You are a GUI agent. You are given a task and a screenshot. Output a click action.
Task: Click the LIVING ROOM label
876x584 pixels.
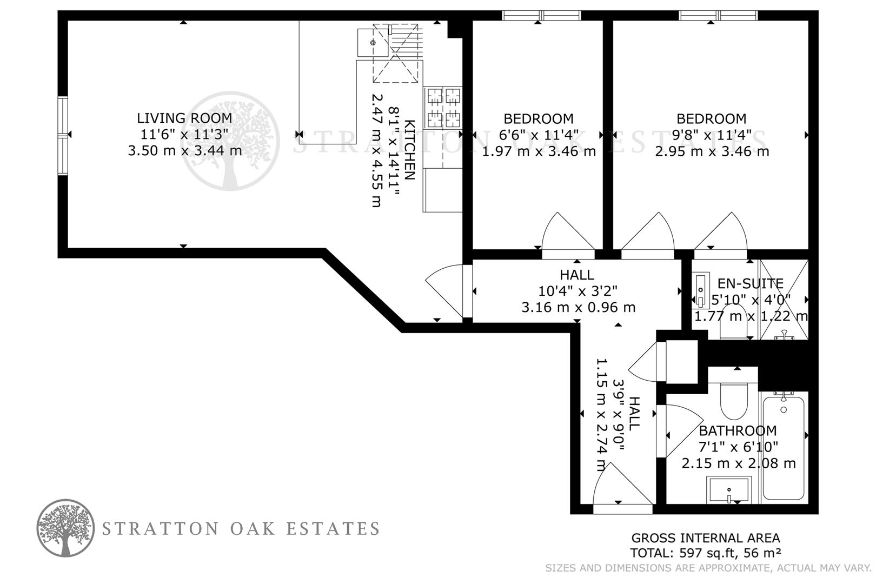(x=184, y=118)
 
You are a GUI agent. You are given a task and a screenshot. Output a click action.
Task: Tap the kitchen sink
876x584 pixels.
(x=373, y=43)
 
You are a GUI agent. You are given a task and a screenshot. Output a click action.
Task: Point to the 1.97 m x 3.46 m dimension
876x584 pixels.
(x=539, y=151)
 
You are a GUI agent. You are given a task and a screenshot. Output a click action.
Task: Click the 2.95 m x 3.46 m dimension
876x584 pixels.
(x=712, y=151)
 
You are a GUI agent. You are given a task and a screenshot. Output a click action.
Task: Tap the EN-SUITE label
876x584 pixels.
(x=750, y=283)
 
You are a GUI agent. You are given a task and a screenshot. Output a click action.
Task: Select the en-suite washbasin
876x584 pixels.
(x=701, y=290)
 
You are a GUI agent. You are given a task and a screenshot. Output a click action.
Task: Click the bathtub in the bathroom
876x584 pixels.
(x=783, y=448)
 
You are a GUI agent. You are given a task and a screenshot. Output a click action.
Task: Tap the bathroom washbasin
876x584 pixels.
(x=729, y=490)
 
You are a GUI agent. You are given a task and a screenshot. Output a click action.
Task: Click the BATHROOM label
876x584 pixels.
(x=738, y=430)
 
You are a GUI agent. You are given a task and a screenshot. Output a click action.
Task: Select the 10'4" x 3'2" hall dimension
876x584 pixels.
(x=578, y=291)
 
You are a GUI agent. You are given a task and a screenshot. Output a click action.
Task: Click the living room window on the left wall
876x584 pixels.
(x=63, y=136)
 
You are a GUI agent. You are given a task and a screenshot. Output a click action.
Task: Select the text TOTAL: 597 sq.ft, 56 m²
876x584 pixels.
(x=706, y=553)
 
